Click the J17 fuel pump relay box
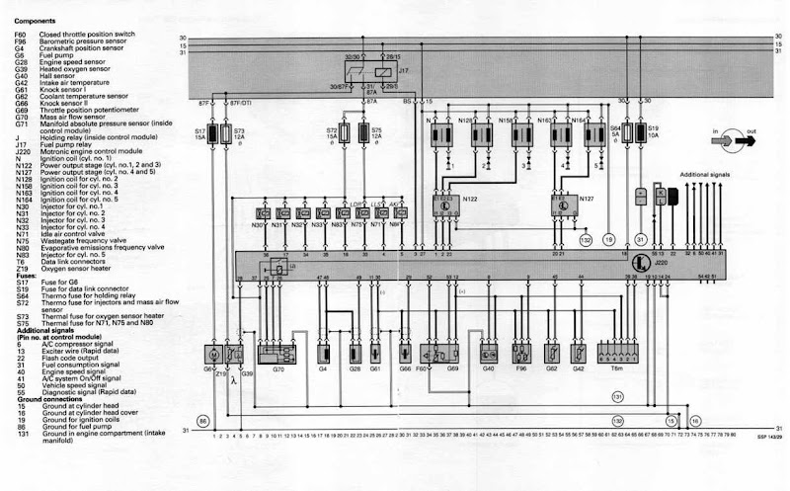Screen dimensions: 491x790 pos(366,73)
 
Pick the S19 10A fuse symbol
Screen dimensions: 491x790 pos(639,132)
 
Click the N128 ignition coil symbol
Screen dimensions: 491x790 pos(481,134)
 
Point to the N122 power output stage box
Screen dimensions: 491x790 pos(447,203)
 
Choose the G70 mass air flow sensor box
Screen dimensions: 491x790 pos(276,352)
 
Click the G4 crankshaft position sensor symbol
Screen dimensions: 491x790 pos(324,352)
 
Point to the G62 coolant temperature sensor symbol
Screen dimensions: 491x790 pos(550,352)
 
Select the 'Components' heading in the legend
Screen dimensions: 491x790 pos(34,19)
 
